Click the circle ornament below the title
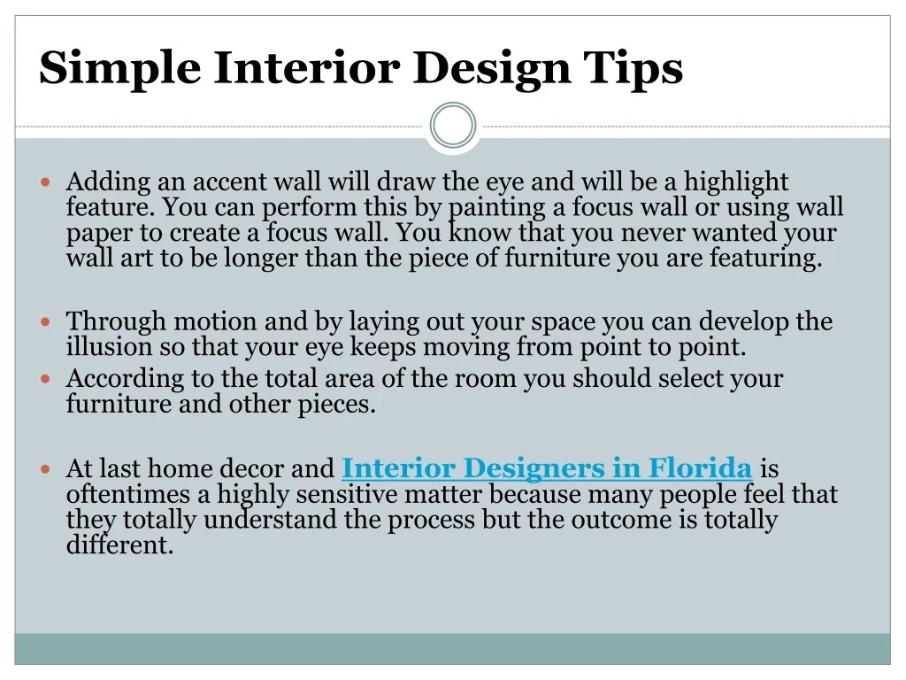453,104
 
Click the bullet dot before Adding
46,182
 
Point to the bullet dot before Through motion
46,321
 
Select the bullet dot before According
46,379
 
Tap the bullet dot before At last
46,469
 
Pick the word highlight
736,182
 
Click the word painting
497,208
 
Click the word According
125,379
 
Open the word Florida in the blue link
700,468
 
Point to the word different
119,545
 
